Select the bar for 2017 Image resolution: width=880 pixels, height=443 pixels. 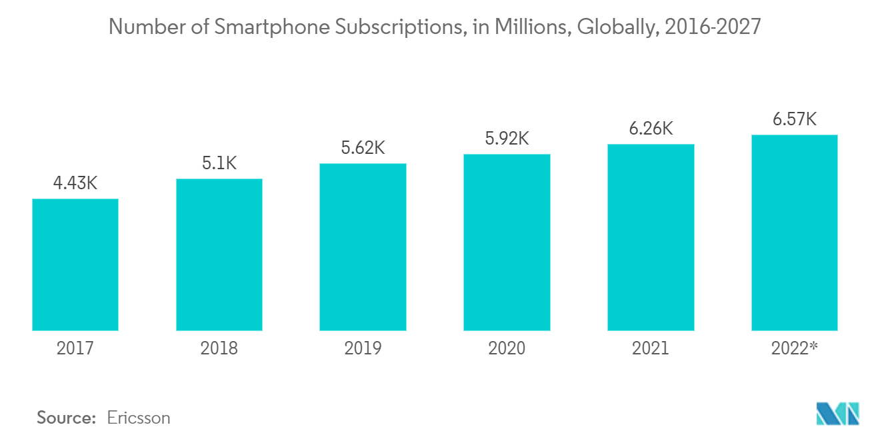point(75,264)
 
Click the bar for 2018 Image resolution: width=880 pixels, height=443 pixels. point(219,254)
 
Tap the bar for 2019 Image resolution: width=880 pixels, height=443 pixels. point(363,247)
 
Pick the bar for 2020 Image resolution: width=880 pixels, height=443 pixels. point(507,242)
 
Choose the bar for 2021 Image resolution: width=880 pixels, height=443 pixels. point(651,237)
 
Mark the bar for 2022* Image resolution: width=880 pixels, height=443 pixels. point(795,232)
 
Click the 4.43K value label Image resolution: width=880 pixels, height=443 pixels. point(75,183)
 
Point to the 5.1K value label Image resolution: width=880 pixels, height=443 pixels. point(219,163)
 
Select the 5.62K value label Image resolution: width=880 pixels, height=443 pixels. point(363,148)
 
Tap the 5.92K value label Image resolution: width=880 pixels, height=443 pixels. point(507,139)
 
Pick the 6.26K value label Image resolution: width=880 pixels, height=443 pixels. point(651,129)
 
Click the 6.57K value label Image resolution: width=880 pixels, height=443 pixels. point(795,119)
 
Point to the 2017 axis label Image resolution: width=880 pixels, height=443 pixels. point(75,348)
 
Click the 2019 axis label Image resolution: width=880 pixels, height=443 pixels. point(363,348)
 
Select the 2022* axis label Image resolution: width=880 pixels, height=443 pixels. point(795,348)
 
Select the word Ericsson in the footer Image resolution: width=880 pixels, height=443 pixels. point(139,418)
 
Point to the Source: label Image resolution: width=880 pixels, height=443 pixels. point(67,418)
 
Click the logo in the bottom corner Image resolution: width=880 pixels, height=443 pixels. point(838,414)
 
